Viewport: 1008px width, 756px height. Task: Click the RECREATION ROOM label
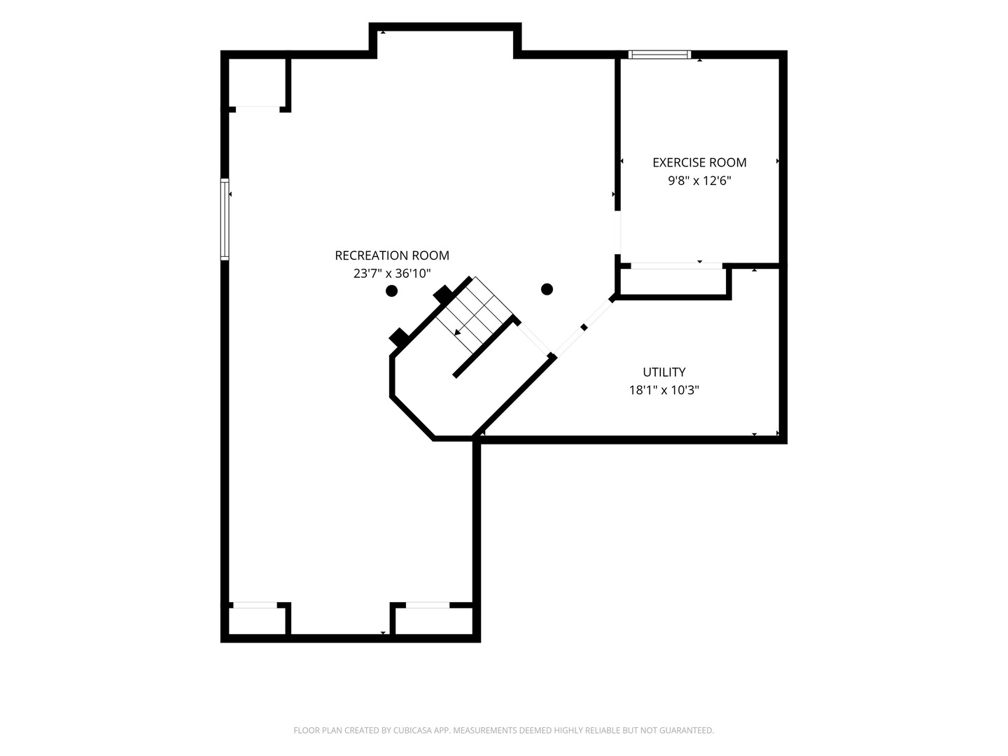click(392, 255)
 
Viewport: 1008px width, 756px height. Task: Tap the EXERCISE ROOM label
click(699, 162)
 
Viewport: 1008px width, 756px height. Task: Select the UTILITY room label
click(664, 372)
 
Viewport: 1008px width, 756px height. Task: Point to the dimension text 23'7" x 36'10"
click(392, 274)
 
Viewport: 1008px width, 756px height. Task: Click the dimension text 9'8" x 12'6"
click(699, 181)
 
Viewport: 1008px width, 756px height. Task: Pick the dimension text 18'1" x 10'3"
click(664, 390)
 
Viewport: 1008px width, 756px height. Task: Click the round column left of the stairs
click(391, 290)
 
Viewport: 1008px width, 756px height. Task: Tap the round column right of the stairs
click(547, 289)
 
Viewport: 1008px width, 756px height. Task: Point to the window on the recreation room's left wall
click(225, 219)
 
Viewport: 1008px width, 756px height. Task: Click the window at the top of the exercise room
click(659, 55)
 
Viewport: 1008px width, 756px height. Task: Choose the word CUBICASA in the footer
click(412, 730)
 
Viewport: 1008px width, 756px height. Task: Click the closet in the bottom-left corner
click(257, 621)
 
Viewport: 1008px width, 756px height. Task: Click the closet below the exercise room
click(672, 281)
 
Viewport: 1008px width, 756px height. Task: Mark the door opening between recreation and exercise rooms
click(617, 232)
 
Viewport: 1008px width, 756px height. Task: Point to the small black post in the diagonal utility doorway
click(584, 328)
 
